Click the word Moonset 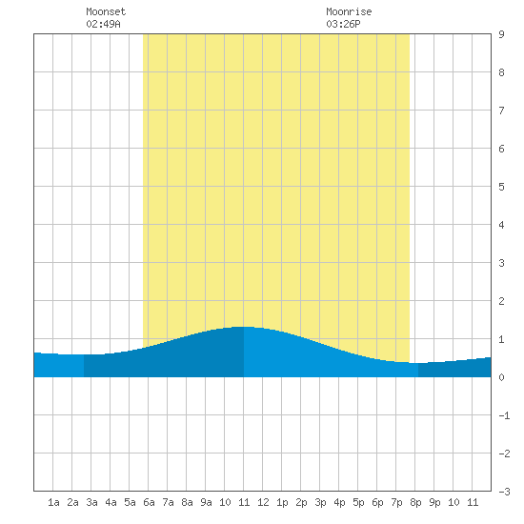tap(106, 11)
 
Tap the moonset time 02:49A tap(103, 24)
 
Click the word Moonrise tap(349, 11)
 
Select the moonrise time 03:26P tap(343, 24)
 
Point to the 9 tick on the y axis tap(501, 34)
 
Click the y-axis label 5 tap(501, 187)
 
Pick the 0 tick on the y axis tap(501, 377)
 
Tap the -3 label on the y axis tap(504, 492)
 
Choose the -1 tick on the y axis tap(504, 415)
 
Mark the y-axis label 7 tap(501, 111)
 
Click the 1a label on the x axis tap(53, 502)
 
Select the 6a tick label tap(149, 502)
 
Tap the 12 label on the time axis tap(263, 502)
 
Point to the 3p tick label tap(320, 502)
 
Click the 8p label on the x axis tap(415, 502)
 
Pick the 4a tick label tap(111, 502)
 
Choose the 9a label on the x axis tap(206, 502)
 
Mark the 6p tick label tap(377, 502)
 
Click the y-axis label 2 tap(501, 301)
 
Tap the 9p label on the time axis tap(434, 502)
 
